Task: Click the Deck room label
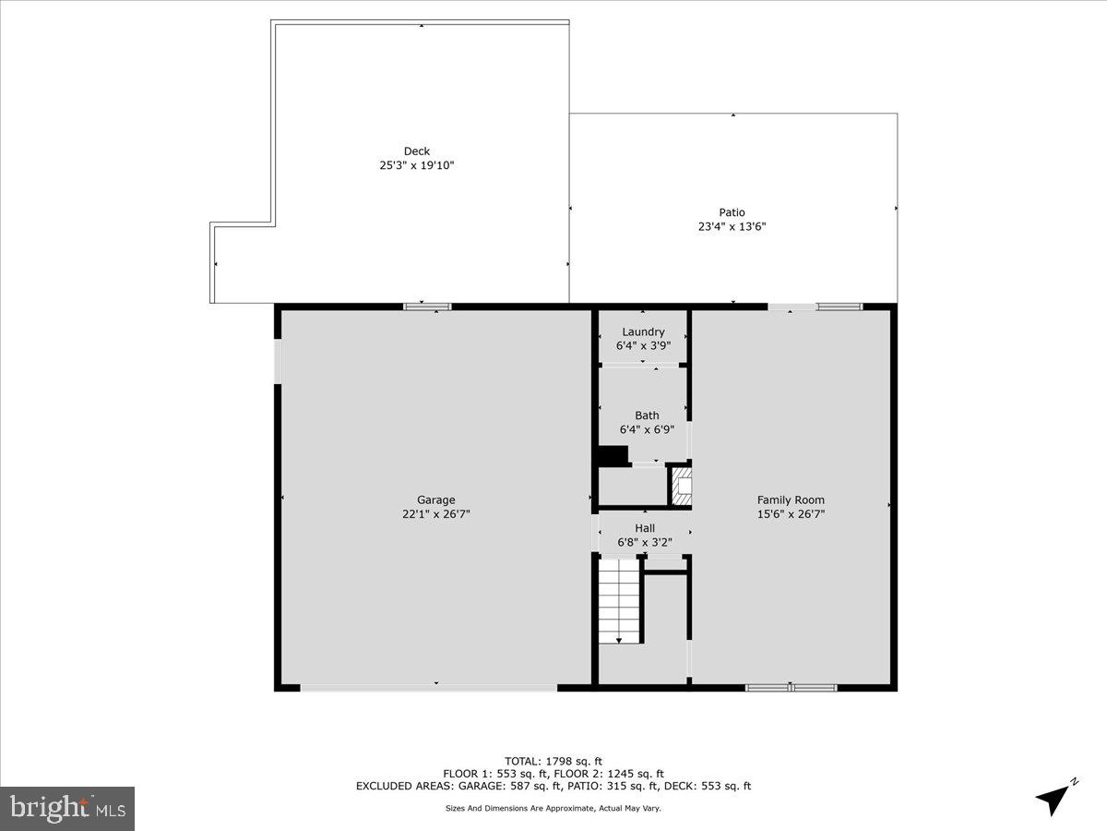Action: coord(417,151)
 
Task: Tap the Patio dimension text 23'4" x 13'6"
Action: coord(732,226)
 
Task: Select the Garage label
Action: coord(435,500)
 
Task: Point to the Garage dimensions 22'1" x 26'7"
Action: coord(435,514)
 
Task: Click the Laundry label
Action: coord(643,332)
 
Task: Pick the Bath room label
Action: coord(647,415)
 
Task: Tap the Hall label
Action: coord(645,528)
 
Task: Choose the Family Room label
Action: coord(791,500)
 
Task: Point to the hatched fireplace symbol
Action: coord(681,486)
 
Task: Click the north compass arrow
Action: coord(1054,797)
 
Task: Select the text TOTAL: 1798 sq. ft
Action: coord(553,761)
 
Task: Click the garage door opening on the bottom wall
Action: coord(429,687)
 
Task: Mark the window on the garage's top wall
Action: coord(427,307)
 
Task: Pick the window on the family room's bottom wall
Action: coord(792,687)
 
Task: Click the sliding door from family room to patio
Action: coord(815,307)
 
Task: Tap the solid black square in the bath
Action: coord(612,455)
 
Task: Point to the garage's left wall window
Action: coord(279,361)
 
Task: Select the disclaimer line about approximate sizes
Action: coord(553,808)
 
